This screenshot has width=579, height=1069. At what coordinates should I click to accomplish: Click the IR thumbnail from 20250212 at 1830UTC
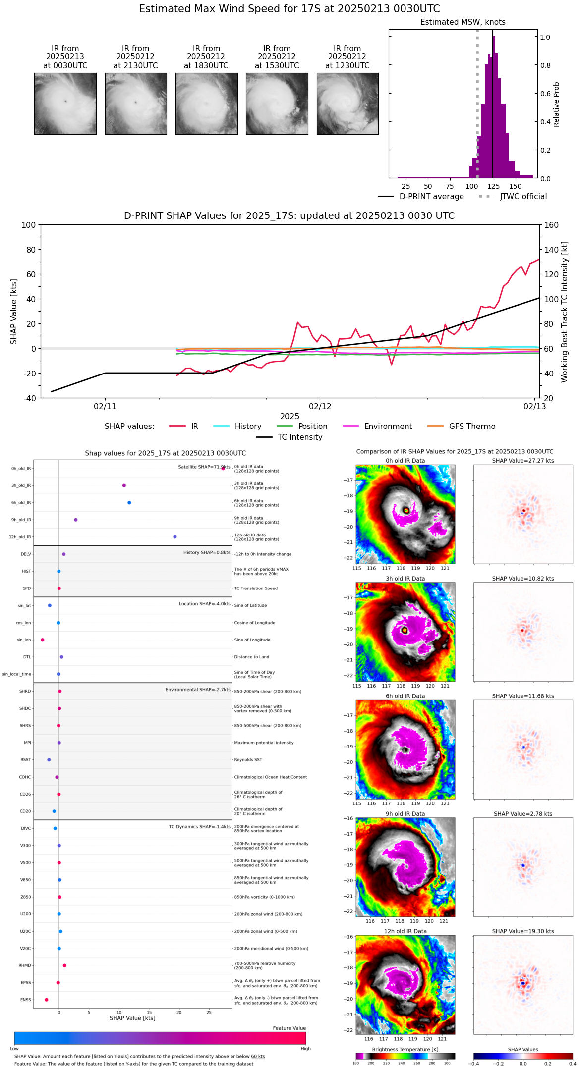pos(206,104)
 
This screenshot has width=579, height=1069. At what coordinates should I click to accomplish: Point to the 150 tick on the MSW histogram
pos(516,186)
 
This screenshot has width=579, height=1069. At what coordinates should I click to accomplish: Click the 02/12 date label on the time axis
pos(320,406)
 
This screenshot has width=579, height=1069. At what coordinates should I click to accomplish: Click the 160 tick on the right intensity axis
pos(551,225)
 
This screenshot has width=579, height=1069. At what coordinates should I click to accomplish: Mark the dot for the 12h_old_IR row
pos(175,537)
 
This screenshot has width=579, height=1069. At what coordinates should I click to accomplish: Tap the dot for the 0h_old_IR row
pos(223,468)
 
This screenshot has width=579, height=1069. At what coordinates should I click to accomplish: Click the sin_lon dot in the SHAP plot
pos(43,640)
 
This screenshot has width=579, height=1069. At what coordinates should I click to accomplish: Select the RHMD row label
pos(25,965)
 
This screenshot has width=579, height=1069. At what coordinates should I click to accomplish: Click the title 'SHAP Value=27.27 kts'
pos(523,461)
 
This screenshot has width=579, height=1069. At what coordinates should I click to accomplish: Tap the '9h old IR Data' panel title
pos(405,814)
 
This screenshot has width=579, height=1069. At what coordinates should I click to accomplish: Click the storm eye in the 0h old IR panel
pos(406,510)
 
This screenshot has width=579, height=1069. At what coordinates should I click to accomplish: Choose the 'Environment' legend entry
pos(388,427)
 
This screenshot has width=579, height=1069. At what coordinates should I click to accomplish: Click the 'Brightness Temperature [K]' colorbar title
pos(405,1049)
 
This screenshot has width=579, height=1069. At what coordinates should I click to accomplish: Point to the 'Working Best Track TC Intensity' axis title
pos(565,312)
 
